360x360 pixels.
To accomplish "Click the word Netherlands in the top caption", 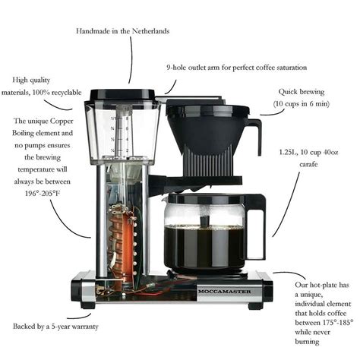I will coord(149,31).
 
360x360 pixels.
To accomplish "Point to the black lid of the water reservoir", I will coord(124,95).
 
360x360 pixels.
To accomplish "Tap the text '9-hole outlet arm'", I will coord(198,68).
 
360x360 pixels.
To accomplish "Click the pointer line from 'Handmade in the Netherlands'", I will coord(131,61).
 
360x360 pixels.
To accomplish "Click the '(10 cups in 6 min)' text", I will coord(302,102).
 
